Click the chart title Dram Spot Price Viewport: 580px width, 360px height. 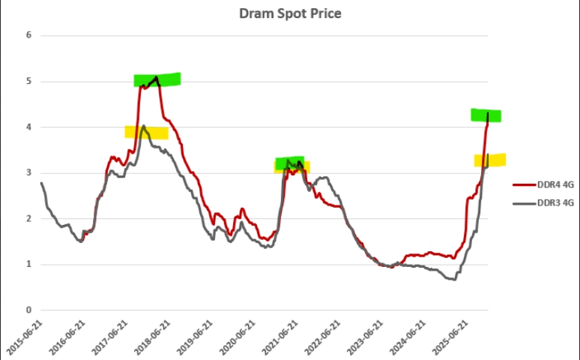tap(289, 13)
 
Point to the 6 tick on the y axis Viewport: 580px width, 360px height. tap(28, 35)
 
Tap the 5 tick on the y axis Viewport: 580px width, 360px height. tap(28, 81)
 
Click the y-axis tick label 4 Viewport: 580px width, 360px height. tap(28, 127)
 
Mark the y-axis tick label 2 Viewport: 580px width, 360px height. tap(28, 218)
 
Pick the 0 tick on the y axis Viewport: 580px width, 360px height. tap(28, 310)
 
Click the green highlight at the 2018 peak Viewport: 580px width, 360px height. tap(157, 79)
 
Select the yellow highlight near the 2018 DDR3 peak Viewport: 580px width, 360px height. tap(146, 133)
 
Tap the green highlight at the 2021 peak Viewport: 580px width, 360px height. tap(289, 162)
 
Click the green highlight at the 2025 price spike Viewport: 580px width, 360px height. tap(486, 115)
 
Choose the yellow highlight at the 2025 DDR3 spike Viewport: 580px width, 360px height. tap(490, 160)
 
